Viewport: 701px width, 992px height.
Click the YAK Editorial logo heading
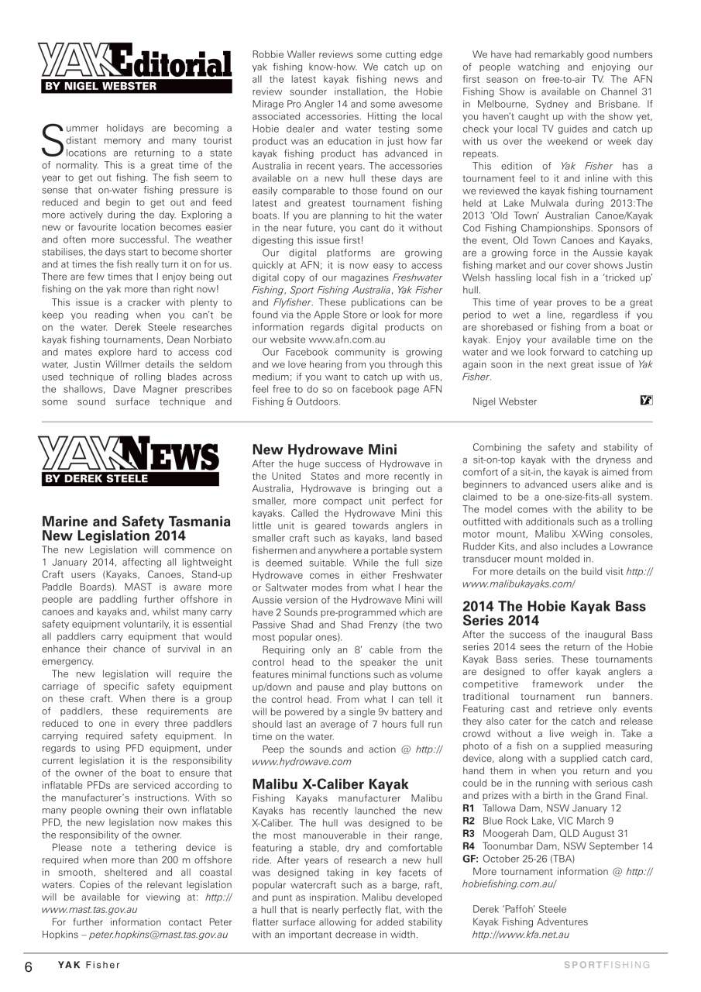point(136,62)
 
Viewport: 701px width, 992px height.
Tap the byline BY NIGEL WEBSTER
point(101,87)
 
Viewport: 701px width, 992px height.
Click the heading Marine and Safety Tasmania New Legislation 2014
point(136,529)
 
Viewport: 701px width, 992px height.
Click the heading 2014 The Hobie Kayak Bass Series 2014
point(554,614)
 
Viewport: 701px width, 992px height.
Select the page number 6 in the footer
point(28,966)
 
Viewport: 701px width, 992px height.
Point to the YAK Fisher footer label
point(88,965)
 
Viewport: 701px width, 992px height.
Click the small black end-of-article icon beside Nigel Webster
point(647,400)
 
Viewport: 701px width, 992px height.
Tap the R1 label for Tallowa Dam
point(469,808)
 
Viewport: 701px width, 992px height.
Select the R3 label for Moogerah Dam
point(469,833)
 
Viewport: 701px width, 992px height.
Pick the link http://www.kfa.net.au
point(521,935)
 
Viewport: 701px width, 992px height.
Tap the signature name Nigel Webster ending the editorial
point(504,401)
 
